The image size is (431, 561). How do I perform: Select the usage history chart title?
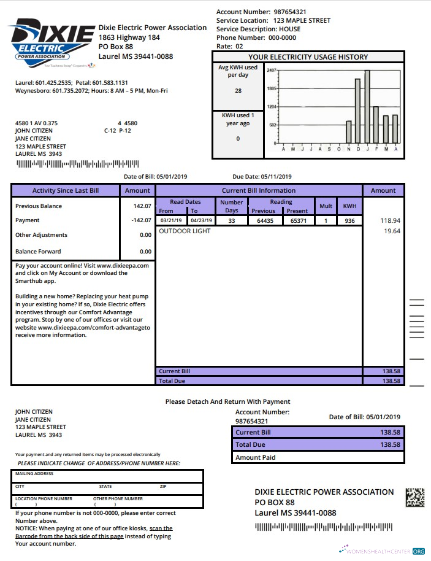click(308, 57)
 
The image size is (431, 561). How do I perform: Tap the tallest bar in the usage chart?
click(367, 106)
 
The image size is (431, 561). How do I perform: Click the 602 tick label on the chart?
click(273, 125)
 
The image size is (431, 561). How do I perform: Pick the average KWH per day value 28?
click(238, 91)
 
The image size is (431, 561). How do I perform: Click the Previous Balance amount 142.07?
click(143, 206)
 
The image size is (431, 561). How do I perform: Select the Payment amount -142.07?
click(142, 220)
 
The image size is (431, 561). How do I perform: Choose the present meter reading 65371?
click(298, 220)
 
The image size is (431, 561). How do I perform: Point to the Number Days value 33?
click(231, 220)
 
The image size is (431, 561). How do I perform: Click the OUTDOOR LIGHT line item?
click(185, 231)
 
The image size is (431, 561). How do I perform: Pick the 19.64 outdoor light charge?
click(391, 231)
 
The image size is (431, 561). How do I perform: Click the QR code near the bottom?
click(415, 497)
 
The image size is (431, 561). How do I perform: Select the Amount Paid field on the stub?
click(318, 457)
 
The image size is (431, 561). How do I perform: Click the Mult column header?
click(326, 206)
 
